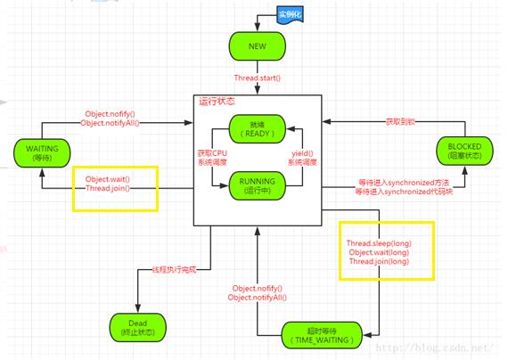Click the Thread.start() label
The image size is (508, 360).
[x=258, y=78]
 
